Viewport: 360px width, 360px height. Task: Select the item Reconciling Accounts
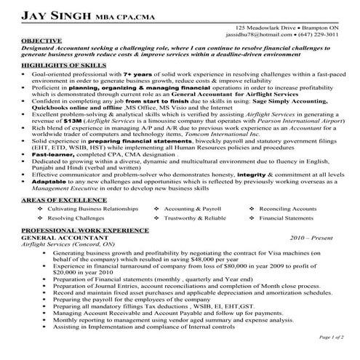tap(289, 208)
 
